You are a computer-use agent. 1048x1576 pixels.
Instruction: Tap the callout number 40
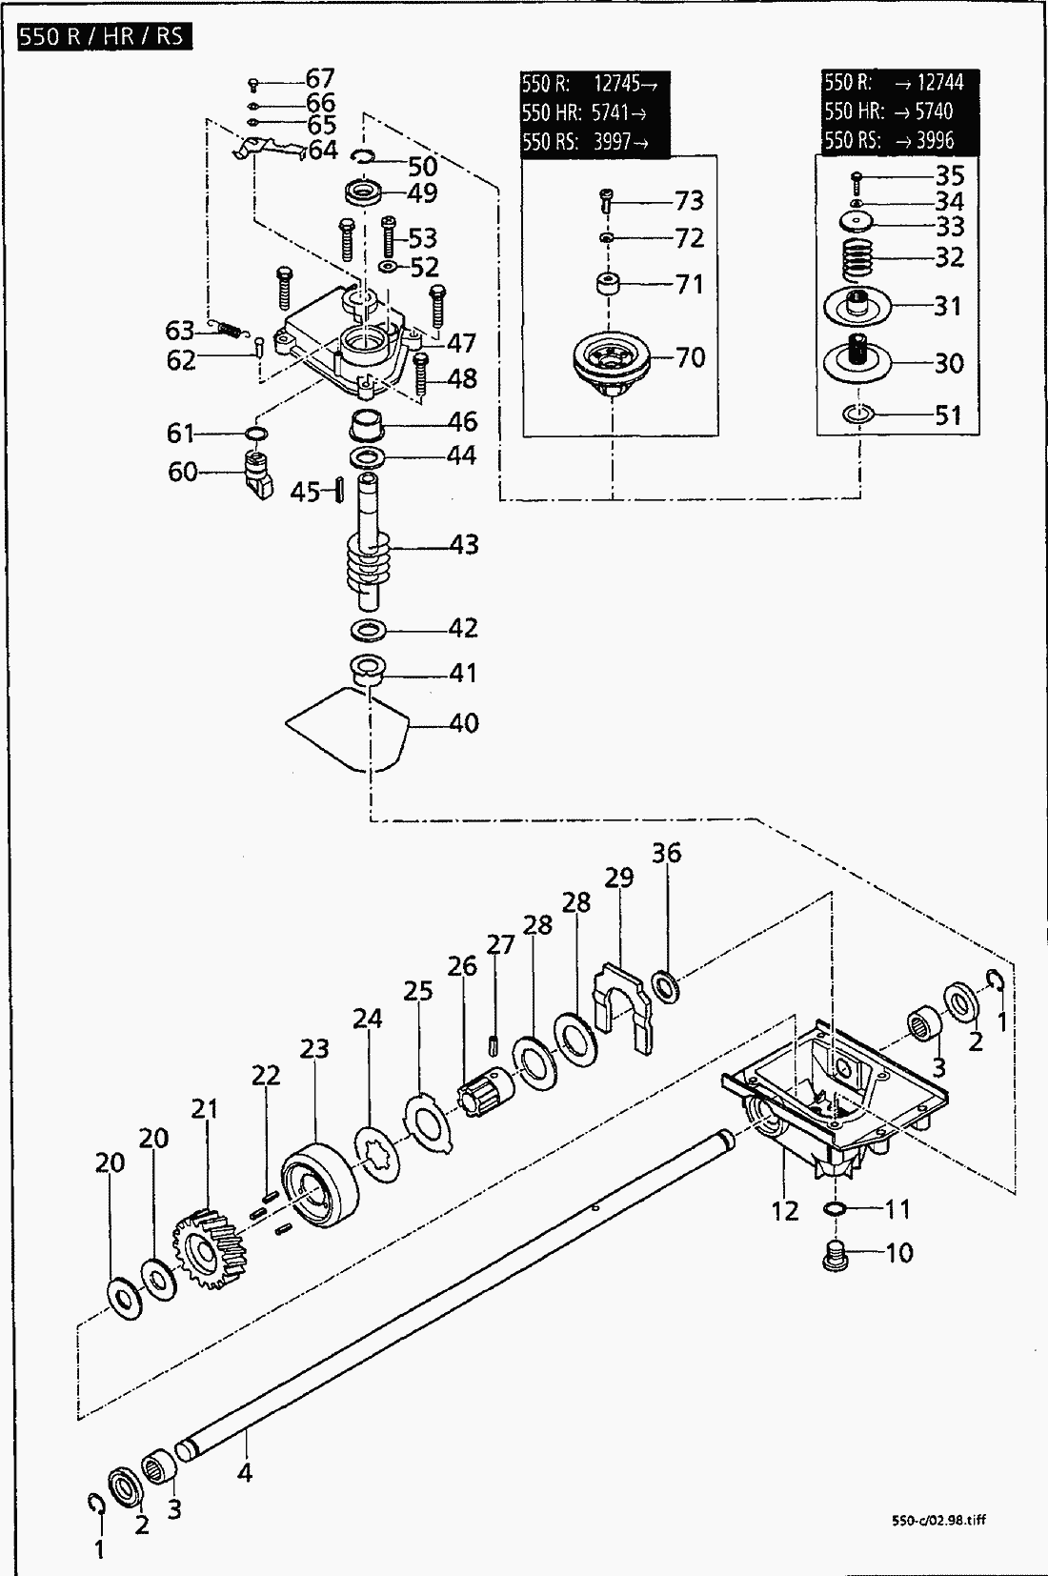[464, 723]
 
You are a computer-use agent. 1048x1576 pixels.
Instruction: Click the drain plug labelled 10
[835, 1255]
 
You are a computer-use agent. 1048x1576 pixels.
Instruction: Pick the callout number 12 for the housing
[784, 1211]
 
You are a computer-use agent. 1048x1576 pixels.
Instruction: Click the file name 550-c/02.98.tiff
[935, 1520]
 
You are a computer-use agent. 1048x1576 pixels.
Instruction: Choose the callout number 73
[689, 201]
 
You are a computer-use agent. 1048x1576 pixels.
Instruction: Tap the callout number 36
[667, 853]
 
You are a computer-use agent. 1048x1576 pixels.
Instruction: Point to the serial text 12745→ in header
[626, 83]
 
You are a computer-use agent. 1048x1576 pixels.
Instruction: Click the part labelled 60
[256, 472]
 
